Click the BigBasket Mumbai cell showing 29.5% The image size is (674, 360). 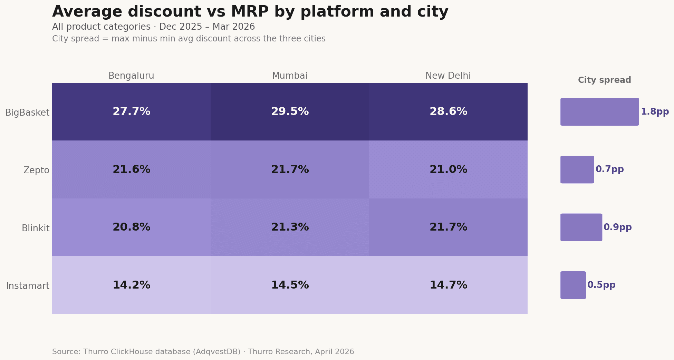click(x=290, y=112)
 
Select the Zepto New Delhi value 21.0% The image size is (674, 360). click(x=448, y=169)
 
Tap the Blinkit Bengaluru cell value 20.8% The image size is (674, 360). click(x=131, y=227)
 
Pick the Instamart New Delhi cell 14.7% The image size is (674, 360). click(x=448, y=285)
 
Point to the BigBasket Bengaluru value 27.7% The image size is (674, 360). click(x=131, y=112)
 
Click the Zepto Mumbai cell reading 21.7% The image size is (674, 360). click(x=290, y=169)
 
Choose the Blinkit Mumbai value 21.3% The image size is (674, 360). click(x=290, y=227)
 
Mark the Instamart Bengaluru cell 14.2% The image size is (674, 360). click(x=131, y=285)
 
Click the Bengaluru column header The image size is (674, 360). click(x=131, y=76)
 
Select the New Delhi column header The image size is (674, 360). click(x=448, y=76)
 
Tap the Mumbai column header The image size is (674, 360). click(x=290, y=76)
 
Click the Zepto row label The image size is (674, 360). click(x=36, y=171)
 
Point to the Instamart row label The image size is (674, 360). click(x=28, y=286)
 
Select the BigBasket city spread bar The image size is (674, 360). click(x=599, y=112)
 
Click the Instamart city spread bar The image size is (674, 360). click(x=573, y=285)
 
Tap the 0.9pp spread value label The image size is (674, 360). click(x=617, y=227)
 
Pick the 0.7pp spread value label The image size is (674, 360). click(x=609, y=169)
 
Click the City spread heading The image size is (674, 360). click(x=604, y=80)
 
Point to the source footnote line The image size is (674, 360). click(x=203, y=352)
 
